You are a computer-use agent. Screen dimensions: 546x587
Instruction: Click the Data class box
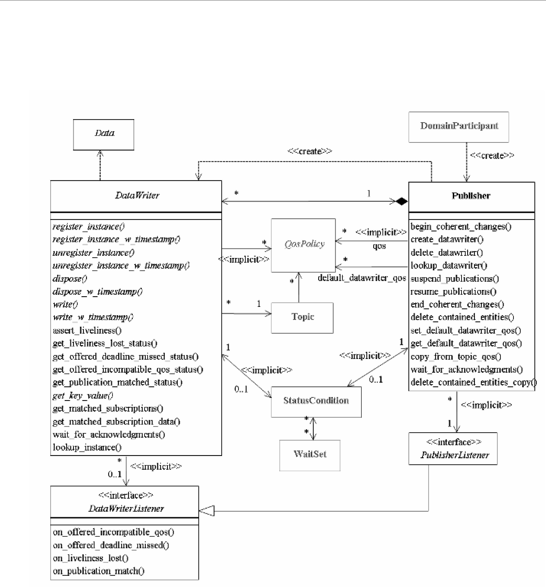pos(103,135)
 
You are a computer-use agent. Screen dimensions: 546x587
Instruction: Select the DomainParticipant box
pos(459,127)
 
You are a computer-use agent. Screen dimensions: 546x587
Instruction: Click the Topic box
pos(302,318)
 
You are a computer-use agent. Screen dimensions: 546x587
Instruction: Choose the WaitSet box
pos(310,455)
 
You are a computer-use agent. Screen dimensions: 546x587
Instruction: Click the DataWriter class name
pos(137,195)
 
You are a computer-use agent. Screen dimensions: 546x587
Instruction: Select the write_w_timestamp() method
pos(93,317)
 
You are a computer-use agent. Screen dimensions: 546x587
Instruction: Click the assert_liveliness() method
pos(87,330)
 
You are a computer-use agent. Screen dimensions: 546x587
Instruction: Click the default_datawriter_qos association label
pos(362,278)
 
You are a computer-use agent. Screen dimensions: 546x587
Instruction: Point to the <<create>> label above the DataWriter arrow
pos(310,151)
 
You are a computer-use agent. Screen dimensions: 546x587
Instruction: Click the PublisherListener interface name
pos(455,455)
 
